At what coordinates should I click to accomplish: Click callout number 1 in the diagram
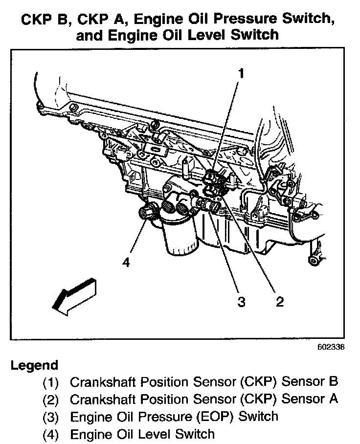tap(241, 73)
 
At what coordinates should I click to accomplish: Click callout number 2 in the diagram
tap(279, 301)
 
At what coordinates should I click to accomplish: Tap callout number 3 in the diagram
tap(241, 301)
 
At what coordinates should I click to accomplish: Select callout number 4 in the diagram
tap(126, 263)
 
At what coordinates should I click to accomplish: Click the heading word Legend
tap(34, 365)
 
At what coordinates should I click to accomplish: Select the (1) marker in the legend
tap(51, 382)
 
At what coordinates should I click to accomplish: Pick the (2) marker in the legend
tap(51, 400)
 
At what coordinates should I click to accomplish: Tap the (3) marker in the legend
tap(51, 417)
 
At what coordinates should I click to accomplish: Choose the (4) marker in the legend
tap(51, 434)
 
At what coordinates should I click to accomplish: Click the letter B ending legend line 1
tap(334, 381)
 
